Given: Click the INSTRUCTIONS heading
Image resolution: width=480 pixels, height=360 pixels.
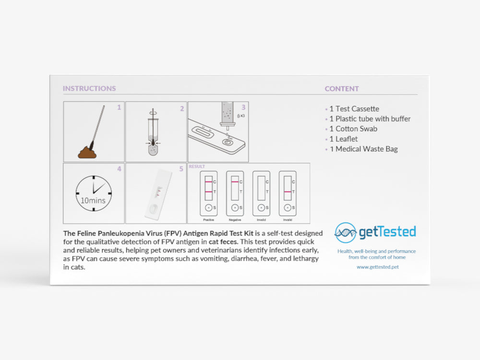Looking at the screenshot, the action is pos(89,88).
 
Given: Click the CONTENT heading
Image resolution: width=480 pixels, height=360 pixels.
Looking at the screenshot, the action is pos(342,89).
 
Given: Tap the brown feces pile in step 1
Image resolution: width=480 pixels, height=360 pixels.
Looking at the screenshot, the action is pos(87,152).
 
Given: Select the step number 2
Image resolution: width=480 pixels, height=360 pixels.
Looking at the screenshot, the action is pos(182,108).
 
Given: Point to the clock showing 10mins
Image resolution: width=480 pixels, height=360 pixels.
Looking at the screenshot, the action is pos(94,193).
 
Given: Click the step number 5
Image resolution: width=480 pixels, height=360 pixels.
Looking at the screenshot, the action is pos(181,169).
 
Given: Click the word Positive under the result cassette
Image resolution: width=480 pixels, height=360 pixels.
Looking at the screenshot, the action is pos(209,220).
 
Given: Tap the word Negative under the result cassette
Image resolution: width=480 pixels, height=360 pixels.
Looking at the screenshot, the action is pos(235,220).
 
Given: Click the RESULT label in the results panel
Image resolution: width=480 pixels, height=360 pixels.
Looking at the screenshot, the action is pos(197,167).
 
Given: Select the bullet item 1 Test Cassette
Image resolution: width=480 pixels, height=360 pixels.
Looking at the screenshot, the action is pos(354,108).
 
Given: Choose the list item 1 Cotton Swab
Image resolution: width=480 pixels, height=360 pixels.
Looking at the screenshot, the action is pos(353,129).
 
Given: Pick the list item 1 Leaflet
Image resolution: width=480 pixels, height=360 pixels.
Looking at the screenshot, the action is pos(344,139).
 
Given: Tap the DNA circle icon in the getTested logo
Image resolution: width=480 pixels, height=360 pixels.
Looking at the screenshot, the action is pos(346,233).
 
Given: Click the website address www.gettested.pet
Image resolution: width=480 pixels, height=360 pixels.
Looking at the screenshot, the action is pos(378,267).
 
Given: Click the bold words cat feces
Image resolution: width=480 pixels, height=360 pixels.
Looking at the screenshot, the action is pos(223,242).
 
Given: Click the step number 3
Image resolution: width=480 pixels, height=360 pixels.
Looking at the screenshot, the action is pos(243,108).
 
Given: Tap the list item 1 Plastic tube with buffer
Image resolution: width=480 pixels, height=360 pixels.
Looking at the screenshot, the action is pos(370,119).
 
